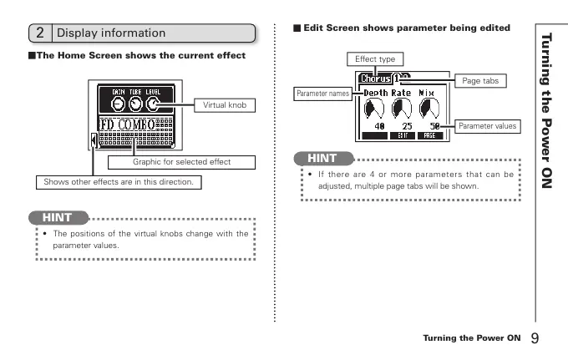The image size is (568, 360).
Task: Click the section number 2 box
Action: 40,33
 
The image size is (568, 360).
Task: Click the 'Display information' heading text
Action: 111,33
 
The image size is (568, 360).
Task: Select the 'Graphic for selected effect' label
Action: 182,161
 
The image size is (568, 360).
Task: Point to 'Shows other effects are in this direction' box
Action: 119,181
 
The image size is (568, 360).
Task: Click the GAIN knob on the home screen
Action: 119,103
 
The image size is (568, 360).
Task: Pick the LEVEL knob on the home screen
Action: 155,103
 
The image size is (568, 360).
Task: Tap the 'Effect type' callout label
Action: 376,59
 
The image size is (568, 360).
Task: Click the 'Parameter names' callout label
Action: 322,93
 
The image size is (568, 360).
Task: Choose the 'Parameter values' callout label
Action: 488,126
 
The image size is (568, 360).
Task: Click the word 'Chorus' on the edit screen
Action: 374,79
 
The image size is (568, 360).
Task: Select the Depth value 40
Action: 378,125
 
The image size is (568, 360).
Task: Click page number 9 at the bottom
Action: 535,338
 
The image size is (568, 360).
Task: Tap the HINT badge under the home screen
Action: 58,217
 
